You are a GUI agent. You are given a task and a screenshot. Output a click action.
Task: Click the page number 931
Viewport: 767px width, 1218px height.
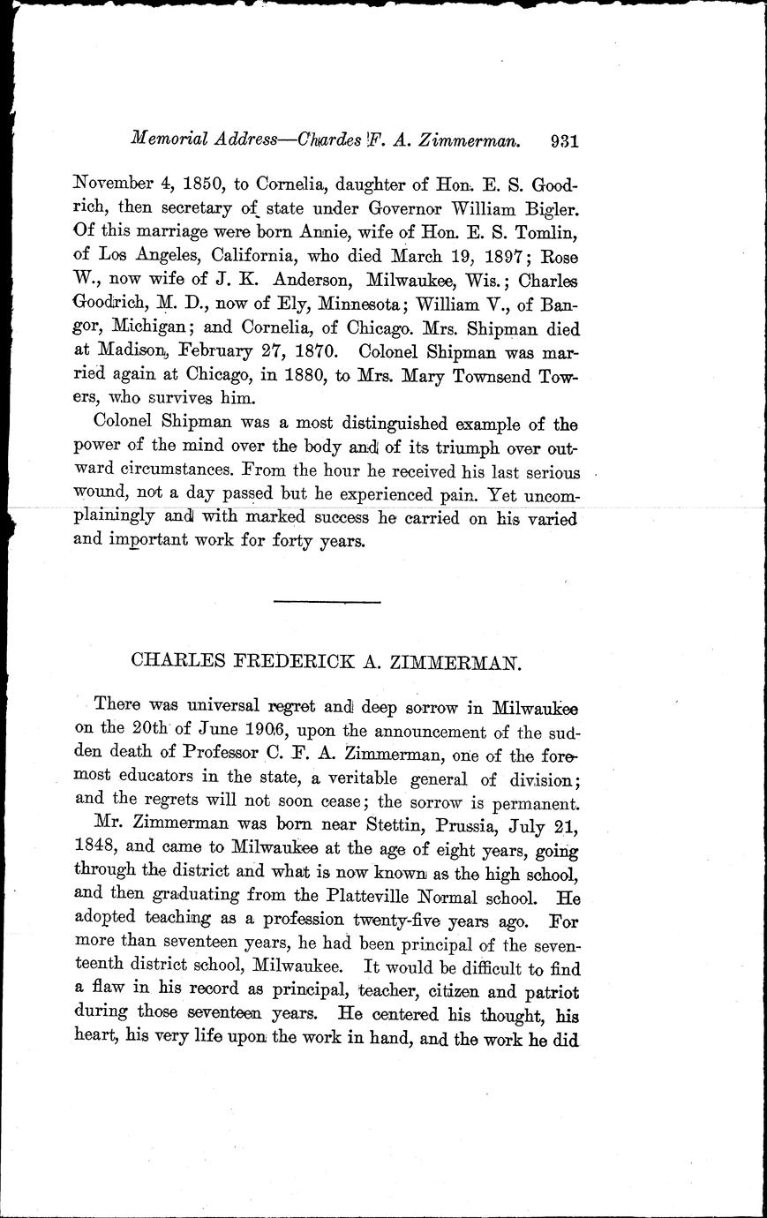[562, 139]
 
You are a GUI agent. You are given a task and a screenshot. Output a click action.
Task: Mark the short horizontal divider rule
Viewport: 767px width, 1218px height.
[327, 602]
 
